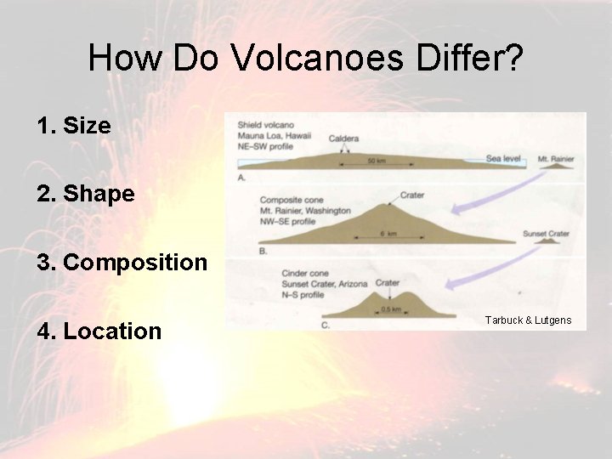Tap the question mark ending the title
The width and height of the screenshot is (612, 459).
click(513, 58)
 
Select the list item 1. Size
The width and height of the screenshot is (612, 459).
click(74, 126)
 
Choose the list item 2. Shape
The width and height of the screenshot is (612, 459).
click(86, 194)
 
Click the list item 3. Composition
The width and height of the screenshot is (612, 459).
click(122, 262)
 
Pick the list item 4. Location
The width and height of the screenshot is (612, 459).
click(99, 331)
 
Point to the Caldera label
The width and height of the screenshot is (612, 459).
click(343, 138)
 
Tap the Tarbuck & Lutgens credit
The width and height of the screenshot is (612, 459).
click(528, 320)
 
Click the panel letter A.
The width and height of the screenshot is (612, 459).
click(241, 178)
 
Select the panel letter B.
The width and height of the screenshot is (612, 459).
click(263, 251)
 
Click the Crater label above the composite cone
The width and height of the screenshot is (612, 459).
click(411, 195)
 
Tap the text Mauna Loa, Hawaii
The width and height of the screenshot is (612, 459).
click(273, 134)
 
